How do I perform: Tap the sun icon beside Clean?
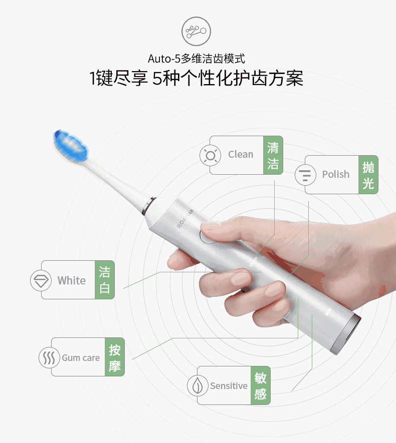pos(210,155)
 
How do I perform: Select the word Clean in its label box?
pos(241,155)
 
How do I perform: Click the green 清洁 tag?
pos(273,155)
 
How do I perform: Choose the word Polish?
pos(335,175)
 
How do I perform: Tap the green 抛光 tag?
pos(368,175)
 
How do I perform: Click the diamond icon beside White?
pos(41,280)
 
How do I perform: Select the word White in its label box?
pos(72,280)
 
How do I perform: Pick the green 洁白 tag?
pos(105,280)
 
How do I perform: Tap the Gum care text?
pos(81,358)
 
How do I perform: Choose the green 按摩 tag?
pos(115,357)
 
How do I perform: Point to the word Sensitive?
pos(229,386)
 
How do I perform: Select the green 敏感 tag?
pos(260,386)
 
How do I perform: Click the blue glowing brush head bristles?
pos(72,147)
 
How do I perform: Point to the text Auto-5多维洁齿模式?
pos(196,59)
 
